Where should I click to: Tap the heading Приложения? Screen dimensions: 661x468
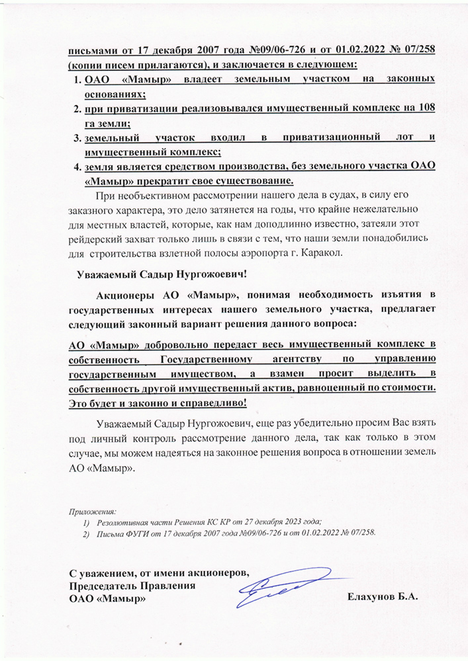click(92, 512)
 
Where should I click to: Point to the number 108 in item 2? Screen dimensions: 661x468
click(426, 108)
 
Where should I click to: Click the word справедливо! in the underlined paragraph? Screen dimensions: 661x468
click(214, 403)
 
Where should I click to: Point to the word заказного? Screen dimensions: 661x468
click(90, 209)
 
